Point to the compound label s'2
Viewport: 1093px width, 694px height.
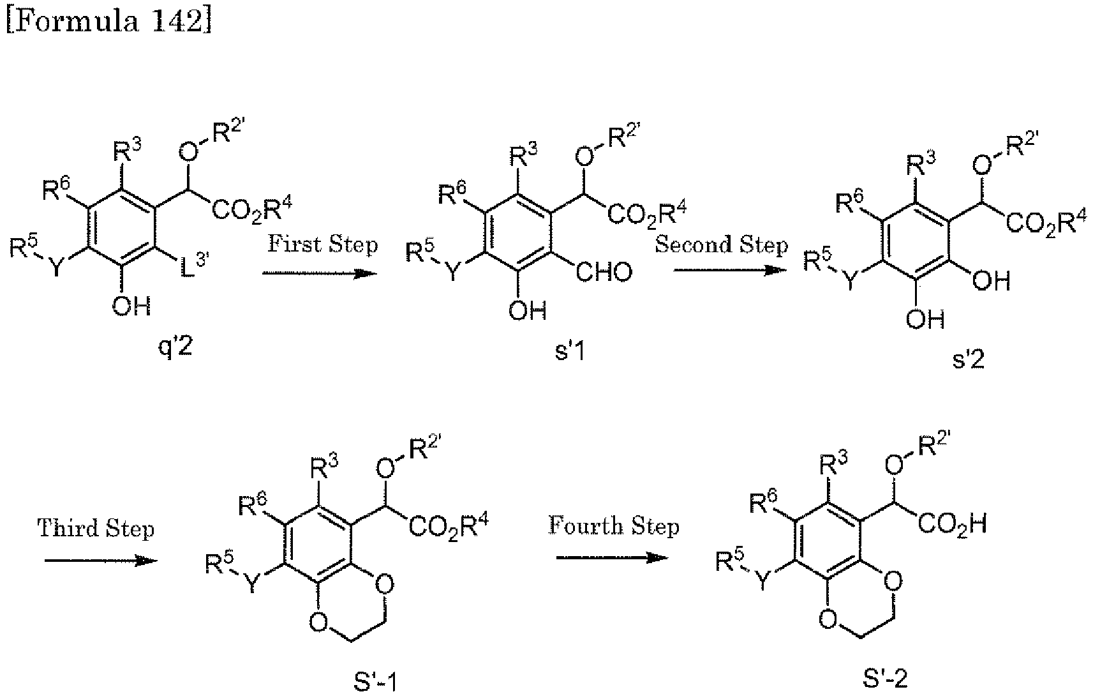pyautogui.click(x=968, y=360)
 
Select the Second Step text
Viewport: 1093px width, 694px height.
pyautogui.click(x=721, y=245)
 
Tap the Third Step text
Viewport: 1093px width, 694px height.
pyautogui.click(x=96, y=529)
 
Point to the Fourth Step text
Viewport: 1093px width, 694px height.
pyautogui.click(x=614, y=527)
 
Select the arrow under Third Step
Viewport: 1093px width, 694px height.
pyautogui.click(x=101, y=561)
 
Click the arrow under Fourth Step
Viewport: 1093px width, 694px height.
pyautogui.click(x=613, y=557)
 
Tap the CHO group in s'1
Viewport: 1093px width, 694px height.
pyautogui.click(x=604, y=273)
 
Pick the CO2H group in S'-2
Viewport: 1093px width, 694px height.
pyautogui.click(x=955, y=525)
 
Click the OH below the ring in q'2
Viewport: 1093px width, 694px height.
pyautogui.click(x=131, y=306)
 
